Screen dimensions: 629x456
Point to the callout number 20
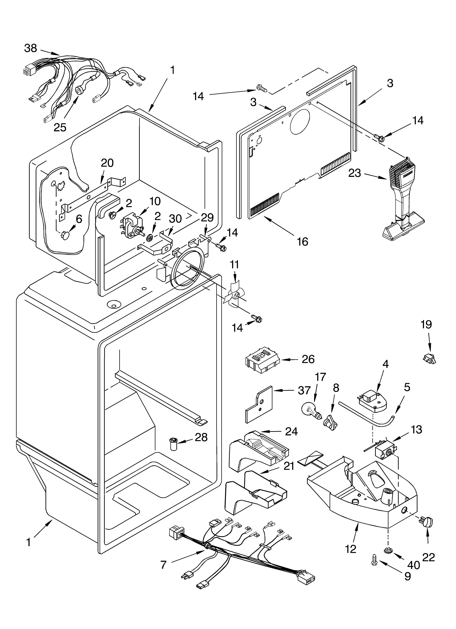[x=107, y=163]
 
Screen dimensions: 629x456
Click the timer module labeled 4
[x=372, y=401]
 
